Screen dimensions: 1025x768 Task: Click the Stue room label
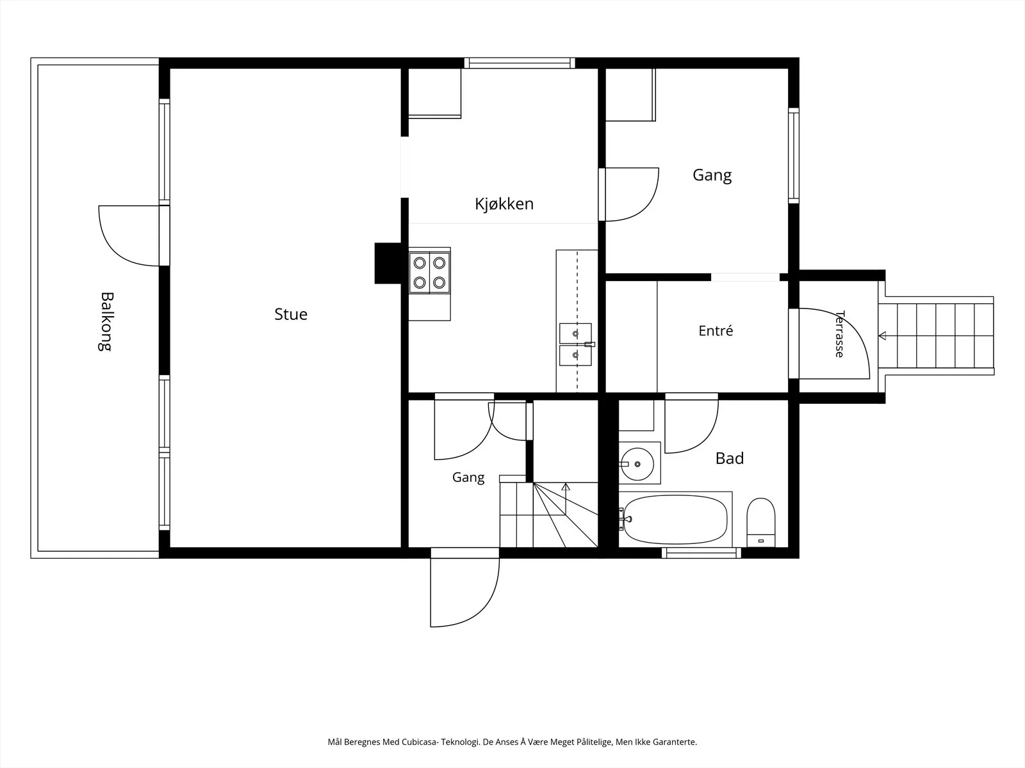[x=291, y=314]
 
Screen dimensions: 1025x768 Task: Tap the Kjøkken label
[x=504, y=204]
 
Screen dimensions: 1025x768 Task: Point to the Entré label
[x=716, y=331]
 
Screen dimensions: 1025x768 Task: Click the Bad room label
[x=730, y=458]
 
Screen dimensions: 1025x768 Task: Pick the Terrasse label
[x=840, y=334]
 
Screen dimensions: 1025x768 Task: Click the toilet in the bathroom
[x=760, y=522]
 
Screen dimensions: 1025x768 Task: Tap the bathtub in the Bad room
[x=675, y=520]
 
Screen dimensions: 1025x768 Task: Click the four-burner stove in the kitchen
[x=430, y=273]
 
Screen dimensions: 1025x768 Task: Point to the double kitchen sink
[x=576, y=344]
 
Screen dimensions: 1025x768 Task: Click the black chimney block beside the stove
[x=388, y=264]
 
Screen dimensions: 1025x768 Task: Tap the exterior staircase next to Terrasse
[x=936, y=336]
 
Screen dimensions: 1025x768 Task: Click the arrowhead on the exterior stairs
[x=882, y=336]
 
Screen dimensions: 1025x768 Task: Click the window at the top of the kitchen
[x=520, y=63]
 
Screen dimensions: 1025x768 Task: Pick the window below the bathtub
[x=701, y=553]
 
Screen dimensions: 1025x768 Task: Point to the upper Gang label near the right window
[x=712, y=175]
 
